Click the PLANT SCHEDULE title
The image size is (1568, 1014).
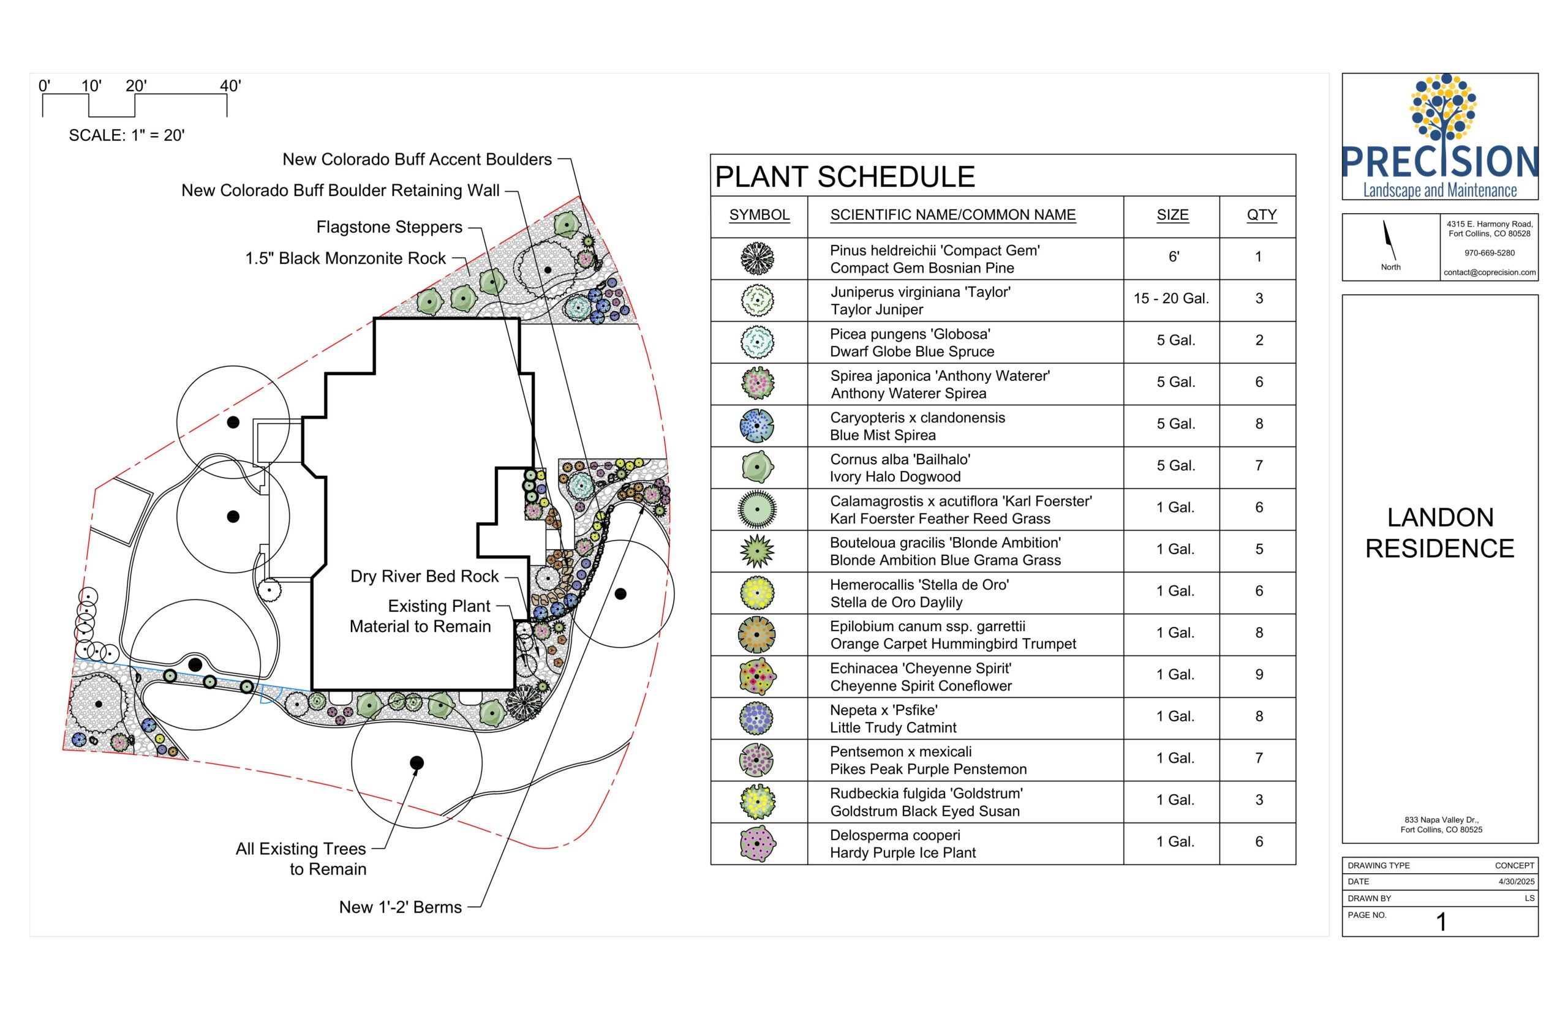pos(844,176)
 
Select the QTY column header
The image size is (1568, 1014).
pos(1261,215)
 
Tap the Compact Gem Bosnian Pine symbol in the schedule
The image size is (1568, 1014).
pos(757,259)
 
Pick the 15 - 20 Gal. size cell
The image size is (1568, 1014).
pos(1171,298)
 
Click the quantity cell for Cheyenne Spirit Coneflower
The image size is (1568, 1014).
pos(1259,674)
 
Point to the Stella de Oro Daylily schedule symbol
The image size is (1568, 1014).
pos(757,593)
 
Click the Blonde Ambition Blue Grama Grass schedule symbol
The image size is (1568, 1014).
pos(757,550)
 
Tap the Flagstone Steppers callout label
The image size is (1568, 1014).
pos(389,227)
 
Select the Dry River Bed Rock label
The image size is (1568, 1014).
pos(424,576)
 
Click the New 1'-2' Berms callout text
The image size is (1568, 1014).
pos(401,907)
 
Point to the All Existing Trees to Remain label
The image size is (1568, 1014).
pos(301,858)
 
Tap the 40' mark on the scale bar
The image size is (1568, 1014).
pos(230,86)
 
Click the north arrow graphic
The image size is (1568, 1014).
pos(1390,239)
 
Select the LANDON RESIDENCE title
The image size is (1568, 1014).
pos(1439,533)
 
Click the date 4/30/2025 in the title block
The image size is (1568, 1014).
pos(1517,882)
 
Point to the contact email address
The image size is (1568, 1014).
pos(1490,272)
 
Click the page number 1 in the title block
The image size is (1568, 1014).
pos(1441,922)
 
